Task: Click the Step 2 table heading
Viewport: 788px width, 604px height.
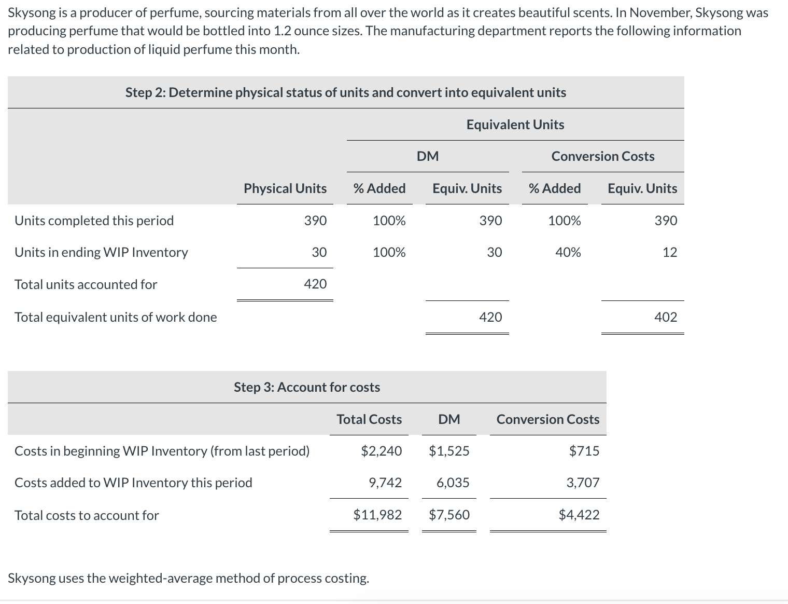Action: pos(345,92)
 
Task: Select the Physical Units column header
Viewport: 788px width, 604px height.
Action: pos(285,188)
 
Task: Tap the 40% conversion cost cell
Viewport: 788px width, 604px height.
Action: pos(568,252)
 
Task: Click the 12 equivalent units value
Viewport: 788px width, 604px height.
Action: pos(669,252)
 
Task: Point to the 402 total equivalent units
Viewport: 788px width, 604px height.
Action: pos(666,317)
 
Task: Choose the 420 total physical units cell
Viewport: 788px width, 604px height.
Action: pos(315,284)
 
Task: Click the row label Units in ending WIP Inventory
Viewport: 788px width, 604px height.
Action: pos(101,252)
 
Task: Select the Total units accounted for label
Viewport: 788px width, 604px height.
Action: pos(86,284)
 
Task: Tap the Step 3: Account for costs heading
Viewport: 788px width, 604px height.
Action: pos(307,387)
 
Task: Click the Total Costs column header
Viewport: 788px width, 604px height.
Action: pos(369,419)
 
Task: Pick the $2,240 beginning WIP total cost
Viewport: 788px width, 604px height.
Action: pos(381,451)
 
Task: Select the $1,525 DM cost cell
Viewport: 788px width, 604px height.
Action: pos(449,451)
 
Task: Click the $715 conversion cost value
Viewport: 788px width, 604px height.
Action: pos(584,451)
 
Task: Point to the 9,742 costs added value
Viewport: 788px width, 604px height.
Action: pos(385,483)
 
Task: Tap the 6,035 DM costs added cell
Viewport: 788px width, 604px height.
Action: pos(453,483)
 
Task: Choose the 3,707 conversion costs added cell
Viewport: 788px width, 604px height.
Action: pos(583,483)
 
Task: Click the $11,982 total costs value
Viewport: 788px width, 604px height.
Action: pos(377,515)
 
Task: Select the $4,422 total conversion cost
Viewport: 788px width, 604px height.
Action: pos(579,515)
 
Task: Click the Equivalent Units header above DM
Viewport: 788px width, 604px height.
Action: pos(515,125)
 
